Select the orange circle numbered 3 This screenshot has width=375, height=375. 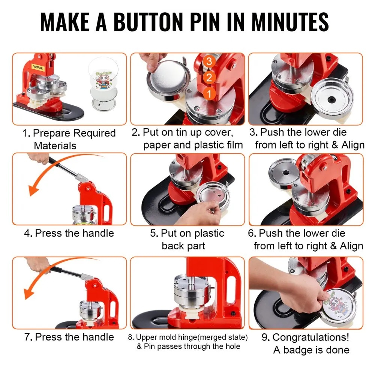pos(209,61)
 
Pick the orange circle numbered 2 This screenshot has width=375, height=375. pos(209,78)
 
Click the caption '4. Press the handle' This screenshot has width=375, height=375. pos(69,233)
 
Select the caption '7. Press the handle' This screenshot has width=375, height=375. pos(69,337)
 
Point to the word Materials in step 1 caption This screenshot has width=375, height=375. pos(55,145)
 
